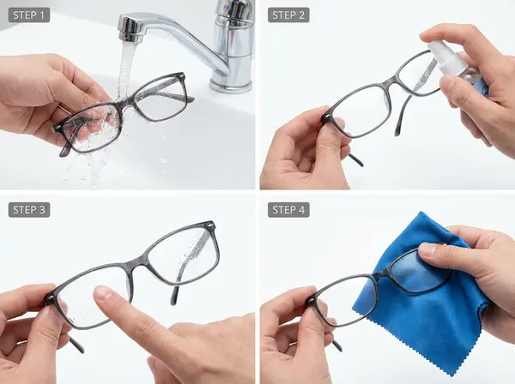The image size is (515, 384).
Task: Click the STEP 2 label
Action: (288, 15)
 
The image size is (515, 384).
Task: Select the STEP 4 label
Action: (288, 209)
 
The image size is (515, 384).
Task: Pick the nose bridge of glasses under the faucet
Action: (129, 100)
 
